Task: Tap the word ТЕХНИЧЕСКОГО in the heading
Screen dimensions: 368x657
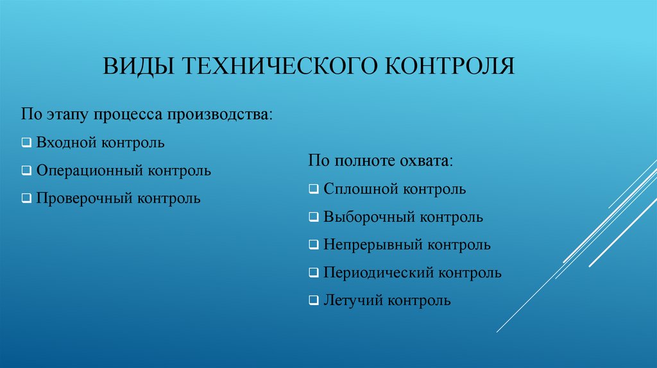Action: tap(280, 66)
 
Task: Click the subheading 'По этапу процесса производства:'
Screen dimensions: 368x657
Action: tap(146, 115)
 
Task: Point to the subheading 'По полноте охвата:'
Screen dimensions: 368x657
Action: tap(380, 161)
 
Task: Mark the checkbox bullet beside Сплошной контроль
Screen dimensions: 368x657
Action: tap(313, 190)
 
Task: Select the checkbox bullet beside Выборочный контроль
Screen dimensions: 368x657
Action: tap(313, 218)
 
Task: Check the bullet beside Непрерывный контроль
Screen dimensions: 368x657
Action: tap(313, 246)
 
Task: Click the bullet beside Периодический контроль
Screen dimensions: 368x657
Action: tap(313, 274)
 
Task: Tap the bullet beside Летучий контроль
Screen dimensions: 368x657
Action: tap(313, 301)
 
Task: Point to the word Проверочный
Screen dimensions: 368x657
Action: tap(83, 199)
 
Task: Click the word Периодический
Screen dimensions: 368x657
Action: tap(377, 273)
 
